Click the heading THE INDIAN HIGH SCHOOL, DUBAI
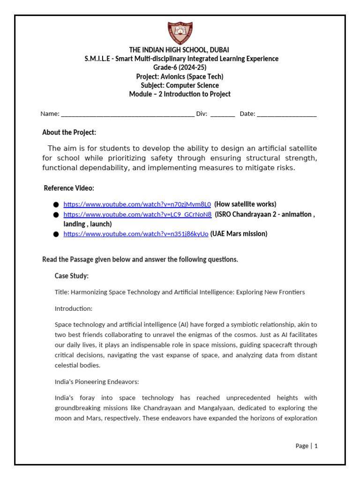click(180, 50)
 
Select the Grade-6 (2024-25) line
click(180, 67)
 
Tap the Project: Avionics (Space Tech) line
click(180, 76)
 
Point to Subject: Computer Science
click(180, 85)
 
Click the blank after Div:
click(223, 114)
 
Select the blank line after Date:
click(286, 114)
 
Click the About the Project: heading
click(69, 133)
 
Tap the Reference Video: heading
click(69, 188)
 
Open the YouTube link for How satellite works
click(137, 204)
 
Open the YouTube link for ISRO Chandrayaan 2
click(137, 215)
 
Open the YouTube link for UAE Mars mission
click(136, 234)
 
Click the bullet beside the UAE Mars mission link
click(56, 234)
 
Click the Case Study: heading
click(72, 276)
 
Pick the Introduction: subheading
click(74, 308)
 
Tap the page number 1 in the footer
click(316, 446)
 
